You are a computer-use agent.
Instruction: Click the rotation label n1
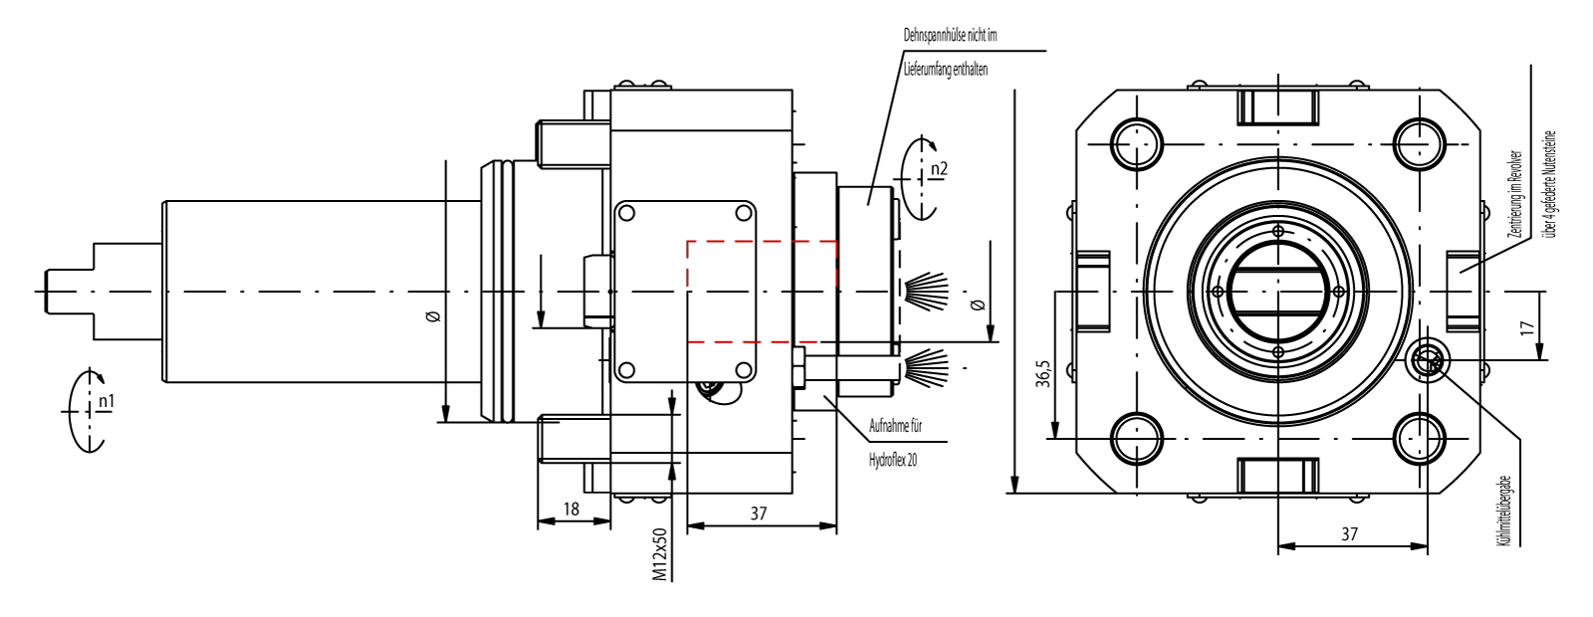[106, 402]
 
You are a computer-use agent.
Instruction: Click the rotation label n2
[938, 169]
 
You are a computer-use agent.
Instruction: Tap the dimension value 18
[570, 509]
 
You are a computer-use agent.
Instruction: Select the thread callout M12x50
[659, 554]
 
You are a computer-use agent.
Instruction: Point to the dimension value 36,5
[1042, 374]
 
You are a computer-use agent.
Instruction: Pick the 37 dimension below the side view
[759, 514]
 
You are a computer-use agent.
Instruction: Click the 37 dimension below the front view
[1349, 534]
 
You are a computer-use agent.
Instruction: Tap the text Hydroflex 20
[893, 460]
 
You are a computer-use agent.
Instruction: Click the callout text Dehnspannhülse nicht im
[950, 35]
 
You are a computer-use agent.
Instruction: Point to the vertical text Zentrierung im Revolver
[1515, 194]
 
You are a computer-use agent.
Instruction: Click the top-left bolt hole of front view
[1136, 143]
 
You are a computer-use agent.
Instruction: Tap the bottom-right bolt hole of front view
[1419, 439]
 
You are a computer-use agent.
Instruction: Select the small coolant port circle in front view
[1429, 362]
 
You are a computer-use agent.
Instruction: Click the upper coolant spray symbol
[926, 289]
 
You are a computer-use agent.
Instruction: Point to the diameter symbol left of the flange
[432, 316]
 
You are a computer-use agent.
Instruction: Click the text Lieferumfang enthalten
[945, 70]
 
